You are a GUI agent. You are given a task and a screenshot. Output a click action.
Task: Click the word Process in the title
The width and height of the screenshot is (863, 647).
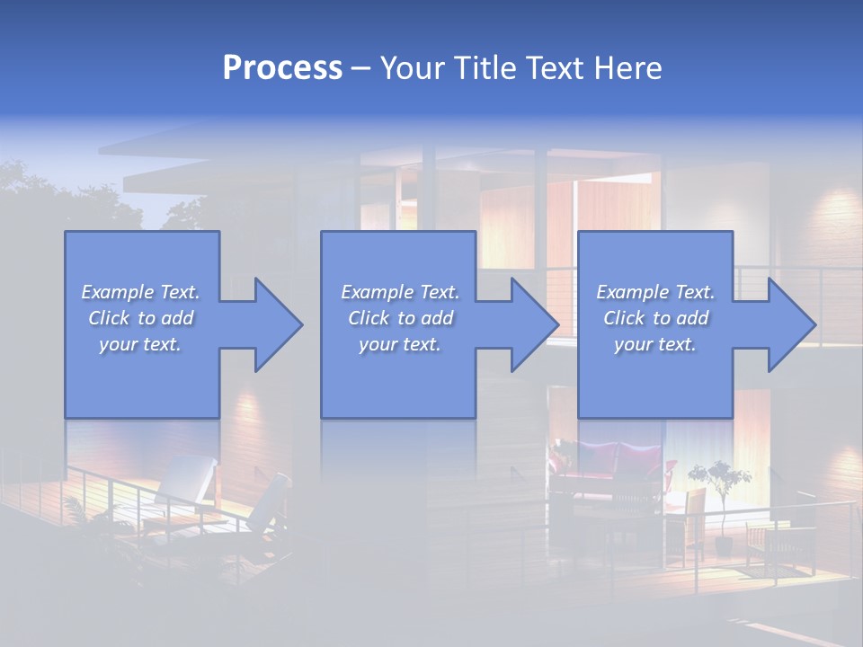282,68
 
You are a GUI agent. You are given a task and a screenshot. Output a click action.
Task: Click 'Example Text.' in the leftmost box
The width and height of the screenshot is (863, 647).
141,292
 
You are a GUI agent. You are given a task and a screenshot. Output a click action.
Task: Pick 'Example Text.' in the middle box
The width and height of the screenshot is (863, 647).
400,292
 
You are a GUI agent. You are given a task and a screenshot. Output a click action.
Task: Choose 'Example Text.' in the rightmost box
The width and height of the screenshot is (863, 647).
655,292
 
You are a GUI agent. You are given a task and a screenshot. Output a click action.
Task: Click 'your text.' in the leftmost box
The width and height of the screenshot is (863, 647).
141,344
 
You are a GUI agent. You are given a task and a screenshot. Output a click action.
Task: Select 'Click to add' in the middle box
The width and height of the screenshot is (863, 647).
400,318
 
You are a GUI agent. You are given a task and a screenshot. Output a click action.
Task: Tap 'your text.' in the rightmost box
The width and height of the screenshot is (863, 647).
655,344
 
